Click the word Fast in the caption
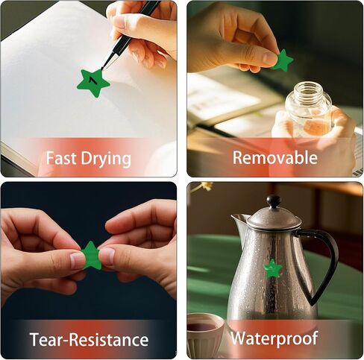(62, 158)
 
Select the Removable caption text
(275, 157)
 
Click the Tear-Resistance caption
(89, 339)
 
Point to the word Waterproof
(274, 338)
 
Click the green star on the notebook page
(93, 83)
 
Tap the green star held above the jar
(283, 60)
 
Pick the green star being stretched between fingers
(92, 256)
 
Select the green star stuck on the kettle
(272, 269)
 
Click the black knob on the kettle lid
(274, 201)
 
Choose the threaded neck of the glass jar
(308, 90)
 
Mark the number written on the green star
(92, 80)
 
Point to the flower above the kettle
(204, 186)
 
